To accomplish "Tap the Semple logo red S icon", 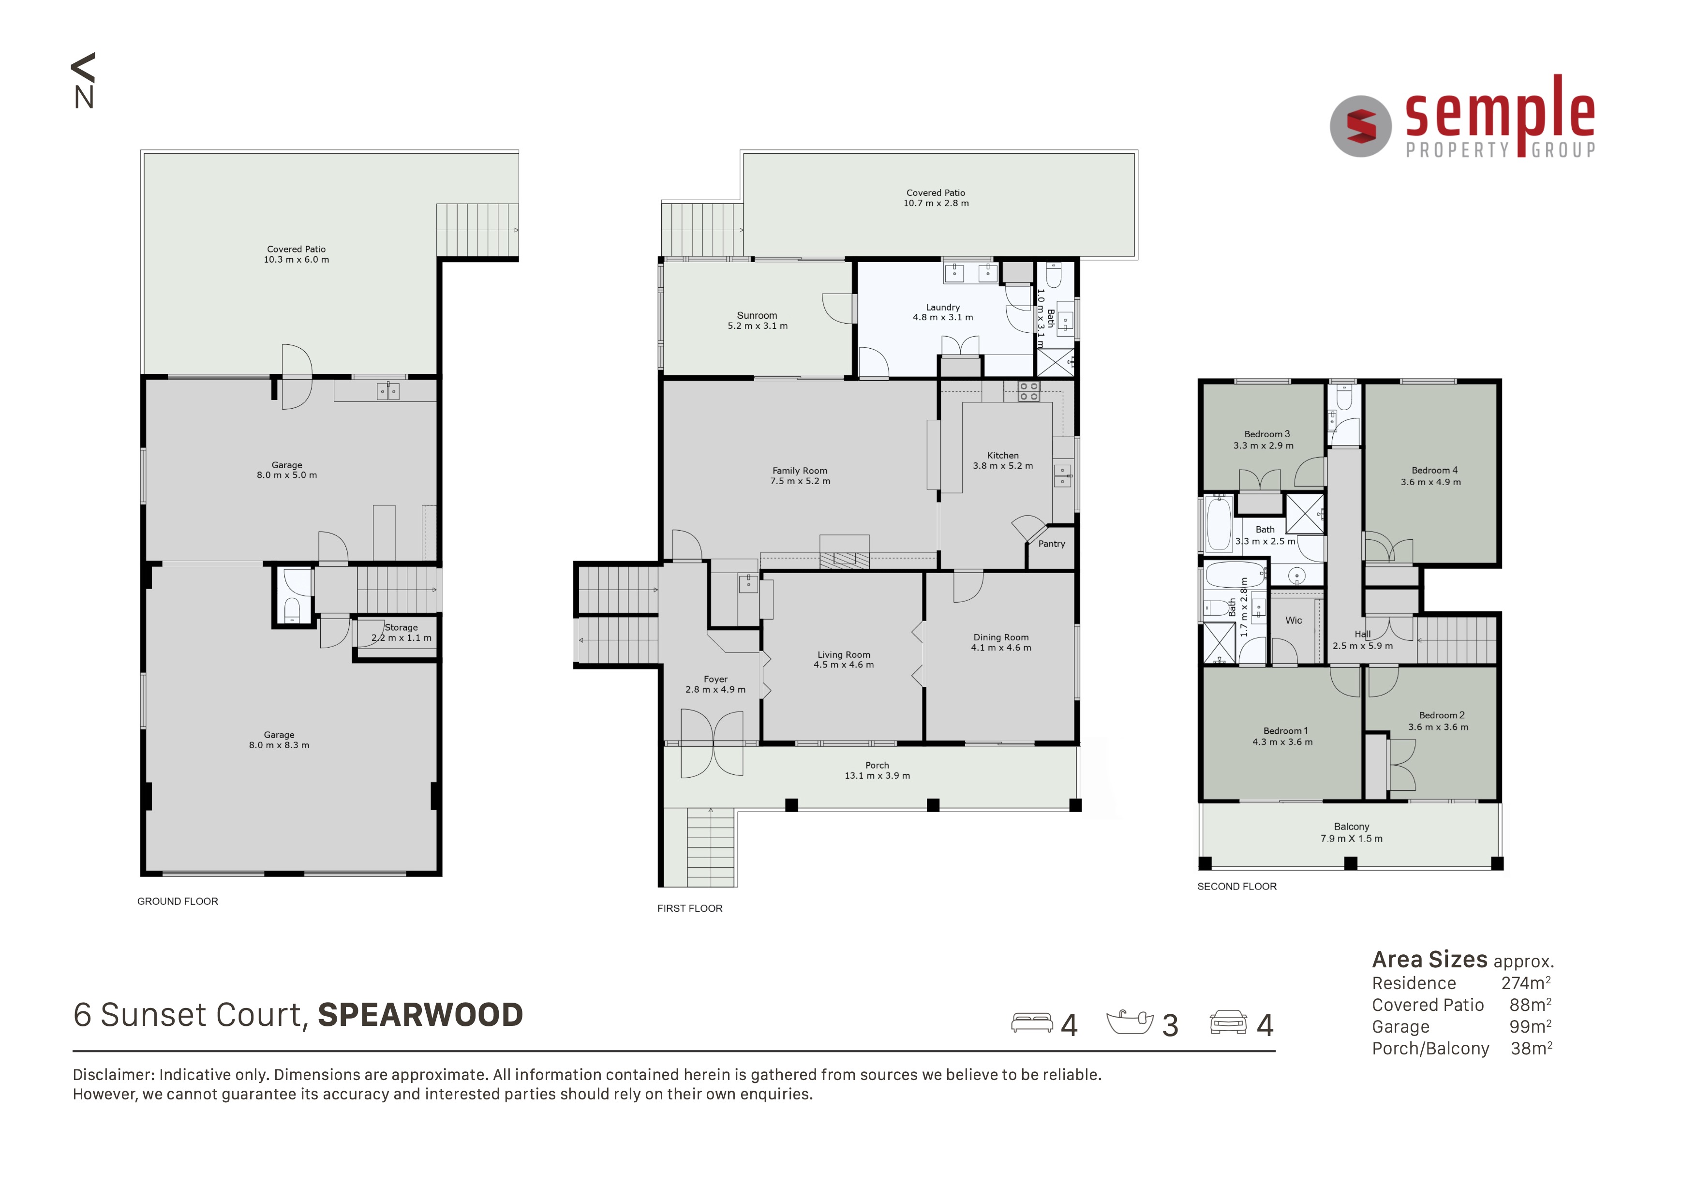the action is click(1361, 126).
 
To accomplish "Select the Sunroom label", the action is click(757, 315).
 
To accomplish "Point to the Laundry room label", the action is click(943, 308).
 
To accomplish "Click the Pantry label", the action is click(1052, 544).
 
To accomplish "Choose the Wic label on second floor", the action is click(1294, 621).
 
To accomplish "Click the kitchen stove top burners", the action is click(1029, 392).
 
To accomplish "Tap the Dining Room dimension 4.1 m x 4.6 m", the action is click(1001, 648).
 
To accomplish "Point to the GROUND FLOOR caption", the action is click(178, 902).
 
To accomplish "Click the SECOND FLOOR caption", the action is click(1237, 887).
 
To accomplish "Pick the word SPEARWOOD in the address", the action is click(420, 1015).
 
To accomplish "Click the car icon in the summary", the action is click(1228, 1022).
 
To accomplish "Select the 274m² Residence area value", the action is click(1526, 983).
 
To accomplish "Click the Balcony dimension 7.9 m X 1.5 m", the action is click(1351, 839).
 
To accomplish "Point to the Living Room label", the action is click(844, 655).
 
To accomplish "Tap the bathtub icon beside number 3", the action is click(1130, 1022).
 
